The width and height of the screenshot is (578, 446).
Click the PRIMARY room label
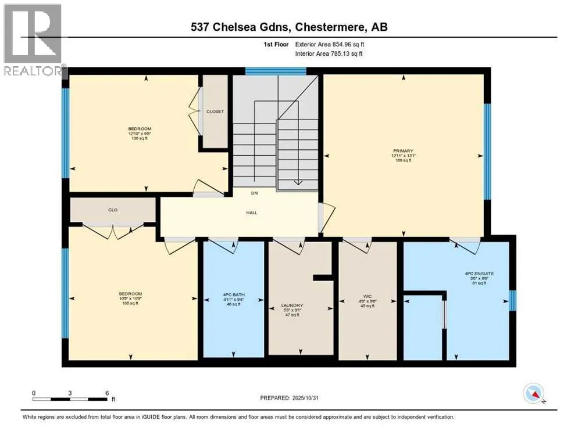402,150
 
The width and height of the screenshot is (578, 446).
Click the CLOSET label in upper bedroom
215,111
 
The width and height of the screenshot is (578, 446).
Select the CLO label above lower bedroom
113,210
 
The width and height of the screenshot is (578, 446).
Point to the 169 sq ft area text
402,160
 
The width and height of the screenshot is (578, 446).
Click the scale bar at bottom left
70,399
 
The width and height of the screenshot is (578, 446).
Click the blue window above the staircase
275,71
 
